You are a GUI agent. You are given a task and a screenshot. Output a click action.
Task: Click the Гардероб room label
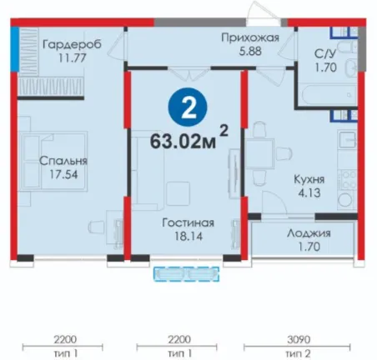pyautogui.click(x=72, y=45)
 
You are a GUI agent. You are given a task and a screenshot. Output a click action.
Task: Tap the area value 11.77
pyautogui.click(x=73, y=58)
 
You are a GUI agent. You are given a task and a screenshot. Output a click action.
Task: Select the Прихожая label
pyautogui.click(x=250, y=37)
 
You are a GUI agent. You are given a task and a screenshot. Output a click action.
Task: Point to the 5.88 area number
pyautogui.click(x=250, y=51)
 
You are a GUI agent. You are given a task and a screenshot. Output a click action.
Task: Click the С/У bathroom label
pyautogui.click(x=325, y=53)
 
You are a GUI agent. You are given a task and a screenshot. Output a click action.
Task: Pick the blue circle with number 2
pyautogui.click(x=188, y=107)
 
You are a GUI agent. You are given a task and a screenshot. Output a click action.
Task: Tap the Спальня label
pyautogui.click(x=63, y=161)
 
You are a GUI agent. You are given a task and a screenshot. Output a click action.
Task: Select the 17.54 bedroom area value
pyautogui.click(x=63, y=174)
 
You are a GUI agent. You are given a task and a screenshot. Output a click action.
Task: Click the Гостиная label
pyautogui.click(x=188, y=223)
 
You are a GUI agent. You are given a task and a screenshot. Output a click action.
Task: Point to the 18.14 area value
pyautogui.click(x=188, y=236)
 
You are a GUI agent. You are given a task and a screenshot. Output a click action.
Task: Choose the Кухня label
pyautogui.click(x=309, y=179)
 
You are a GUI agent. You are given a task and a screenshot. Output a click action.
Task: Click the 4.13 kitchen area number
pyautogui.click(x=309, y=192)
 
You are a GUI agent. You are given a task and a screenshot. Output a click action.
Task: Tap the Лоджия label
pyautogui.click(x=309, y=233)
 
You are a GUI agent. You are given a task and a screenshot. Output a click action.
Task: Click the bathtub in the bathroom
pyautogui.click(x=329, y=95)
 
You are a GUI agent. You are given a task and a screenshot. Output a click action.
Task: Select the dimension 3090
pyautogui.click(x=298, y=339)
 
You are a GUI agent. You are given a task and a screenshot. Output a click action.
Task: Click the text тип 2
pyautogui.click(x=298, y=353)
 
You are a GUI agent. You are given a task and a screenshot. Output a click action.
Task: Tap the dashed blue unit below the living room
pyautogui.click(x=187, y=274)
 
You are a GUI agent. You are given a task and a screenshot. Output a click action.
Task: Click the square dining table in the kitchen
pyautogui.click(x=259, y=153)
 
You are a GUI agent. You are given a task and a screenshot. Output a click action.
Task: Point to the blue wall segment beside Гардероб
pyautogui.click(x=15, y=49)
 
